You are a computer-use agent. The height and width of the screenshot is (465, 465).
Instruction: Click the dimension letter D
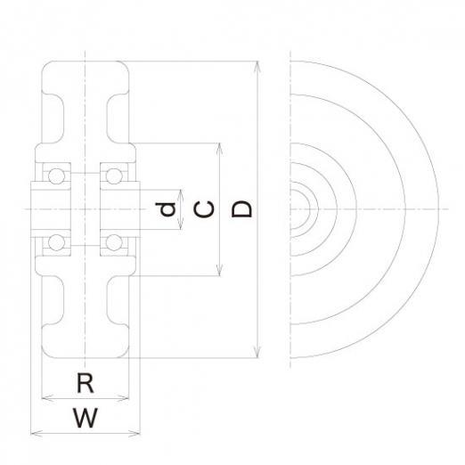241,209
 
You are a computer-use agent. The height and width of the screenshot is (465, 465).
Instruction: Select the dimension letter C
203,209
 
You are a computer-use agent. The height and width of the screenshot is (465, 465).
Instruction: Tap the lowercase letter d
166,209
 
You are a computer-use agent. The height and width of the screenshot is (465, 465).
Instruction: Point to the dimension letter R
86,383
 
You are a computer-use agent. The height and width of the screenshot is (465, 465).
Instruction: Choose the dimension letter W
86,418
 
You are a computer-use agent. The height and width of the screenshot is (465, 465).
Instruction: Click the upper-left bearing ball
56,176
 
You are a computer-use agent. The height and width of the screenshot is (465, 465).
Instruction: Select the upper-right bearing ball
114,176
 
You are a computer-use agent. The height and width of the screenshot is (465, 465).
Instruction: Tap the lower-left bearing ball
56,242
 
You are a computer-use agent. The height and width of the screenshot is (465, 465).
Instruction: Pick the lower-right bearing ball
114,242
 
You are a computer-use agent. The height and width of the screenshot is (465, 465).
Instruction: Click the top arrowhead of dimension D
258,67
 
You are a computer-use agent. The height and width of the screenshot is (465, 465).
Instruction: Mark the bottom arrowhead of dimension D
258,352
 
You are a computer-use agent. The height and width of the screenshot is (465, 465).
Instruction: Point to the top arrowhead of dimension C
219,149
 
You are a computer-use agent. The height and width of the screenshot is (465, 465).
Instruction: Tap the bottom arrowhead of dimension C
219,271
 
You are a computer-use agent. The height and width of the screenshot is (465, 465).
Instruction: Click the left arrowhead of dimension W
37,434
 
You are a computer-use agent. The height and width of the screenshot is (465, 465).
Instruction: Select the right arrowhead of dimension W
135,434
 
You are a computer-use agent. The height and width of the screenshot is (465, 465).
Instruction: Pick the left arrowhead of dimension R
47,398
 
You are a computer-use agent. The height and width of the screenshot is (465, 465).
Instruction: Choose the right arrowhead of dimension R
124,398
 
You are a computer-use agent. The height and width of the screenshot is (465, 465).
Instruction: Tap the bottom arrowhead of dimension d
181,224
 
